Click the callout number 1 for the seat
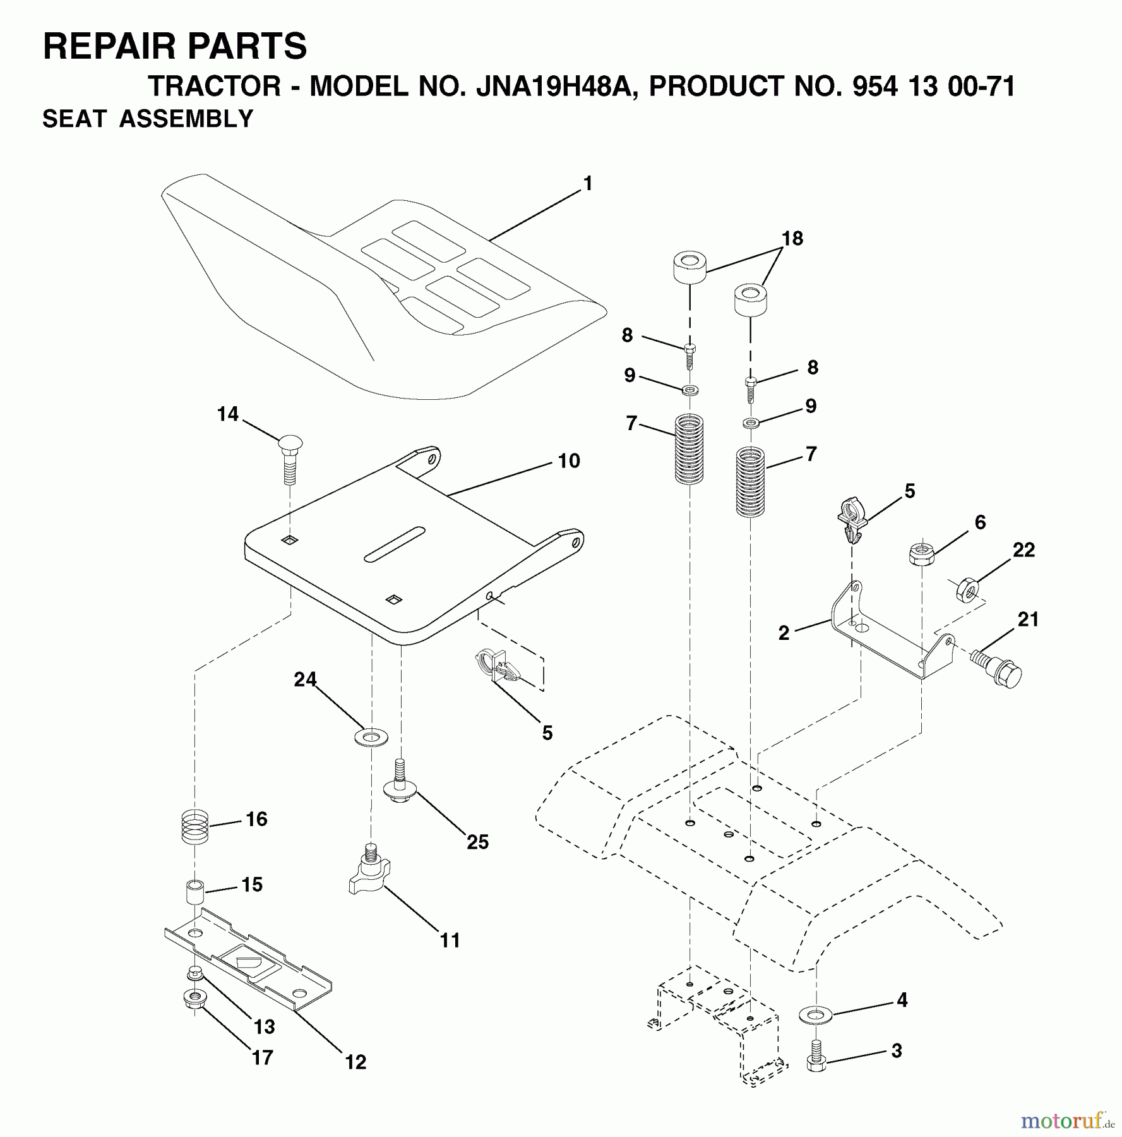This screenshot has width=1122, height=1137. click(588, 184)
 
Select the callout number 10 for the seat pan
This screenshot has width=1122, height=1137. click(568, 461)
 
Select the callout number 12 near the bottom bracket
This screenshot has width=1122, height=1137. click(355, 1062)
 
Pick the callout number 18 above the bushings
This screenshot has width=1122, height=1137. click(792, 239)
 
